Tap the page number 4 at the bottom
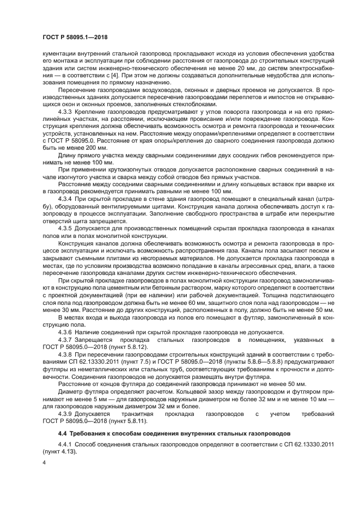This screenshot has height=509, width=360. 44,463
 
